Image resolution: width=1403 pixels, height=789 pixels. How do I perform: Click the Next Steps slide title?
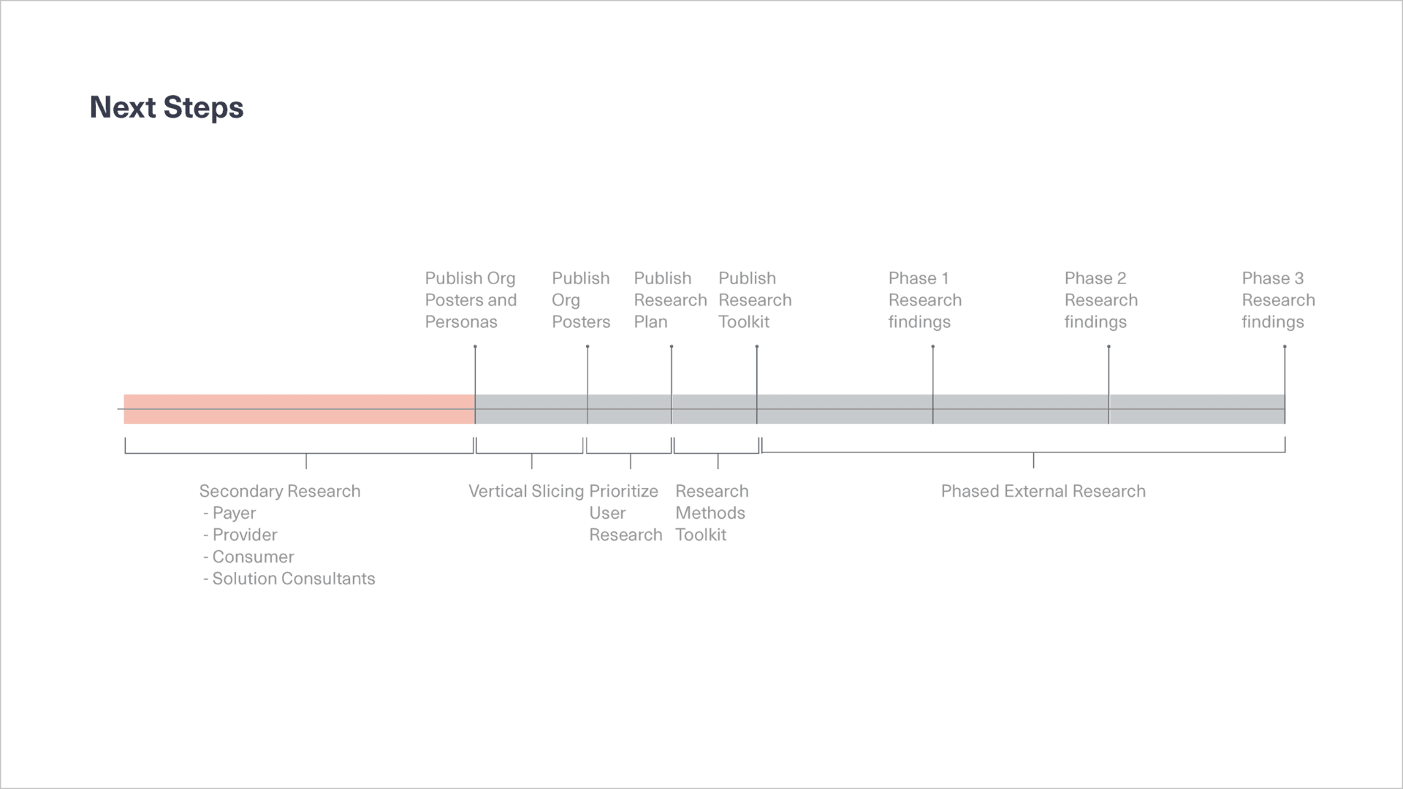167,107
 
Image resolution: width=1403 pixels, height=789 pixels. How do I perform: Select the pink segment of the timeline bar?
299,409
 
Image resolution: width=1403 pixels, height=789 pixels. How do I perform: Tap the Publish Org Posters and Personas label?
471,300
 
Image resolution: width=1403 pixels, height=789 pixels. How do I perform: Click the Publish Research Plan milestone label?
670,300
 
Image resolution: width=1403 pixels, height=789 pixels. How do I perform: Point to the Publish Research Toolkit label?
755,300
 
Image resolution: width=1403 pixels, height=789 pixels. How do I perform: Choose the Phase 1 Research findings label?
925,300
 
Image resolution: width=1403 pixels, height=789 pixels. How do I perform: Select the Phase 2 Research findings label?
1101,300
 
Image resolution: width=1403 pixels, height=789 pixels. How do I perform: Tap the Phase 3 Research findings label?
1278,300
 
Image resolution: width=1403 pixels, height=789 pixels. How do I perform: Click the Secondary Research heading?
280,491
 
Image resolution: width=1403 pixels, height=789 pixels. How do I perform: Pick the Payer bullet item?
229,513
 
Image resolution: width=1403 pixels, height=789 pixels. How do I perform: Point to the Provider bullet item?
240,535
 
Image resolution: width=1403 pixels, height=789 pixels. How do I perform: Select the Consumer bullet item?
248,557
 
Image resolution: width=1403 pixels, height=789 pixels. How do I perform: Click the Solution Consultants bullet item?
289,579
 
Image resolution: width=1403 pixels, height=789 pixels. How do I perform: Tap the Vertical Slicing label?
526,491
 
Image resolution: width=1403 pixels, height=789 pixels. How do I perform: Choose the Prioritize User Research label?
626,513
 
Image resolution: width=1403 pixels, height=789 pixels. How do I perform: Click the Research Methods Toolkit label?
712,513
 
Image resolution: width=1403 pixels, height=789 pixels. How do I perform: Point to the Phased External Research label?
1043,491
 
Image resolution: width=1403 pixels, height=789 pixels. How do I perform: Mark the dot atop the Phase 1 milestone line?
933,346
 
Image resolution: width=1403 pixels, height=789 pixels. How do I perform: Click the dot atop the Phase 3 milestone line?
1285,346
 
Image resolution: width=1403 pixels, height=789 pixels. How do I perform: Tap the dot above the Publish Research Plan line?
672,346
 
